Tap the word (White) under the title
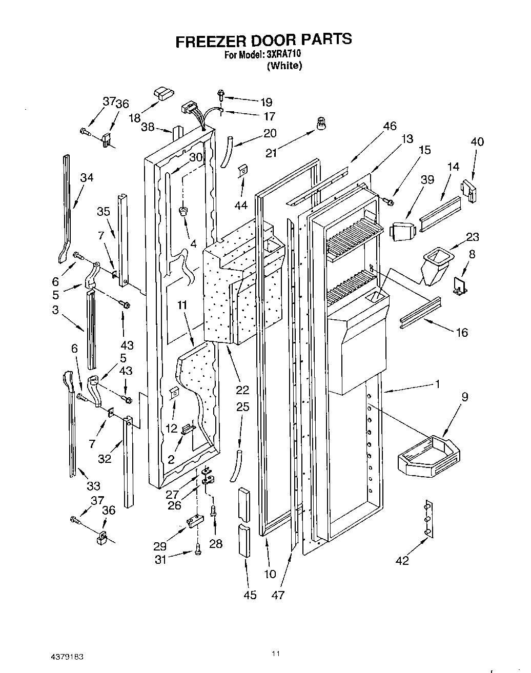[x=284, y=65]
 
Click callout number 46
[x=390, y=126]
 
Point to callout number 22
[x=242, y=390]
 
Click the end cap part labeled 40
[x=469, y=191]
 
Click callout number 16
[x=462, y=333]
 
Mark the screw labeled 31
[x=197, y=550]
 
